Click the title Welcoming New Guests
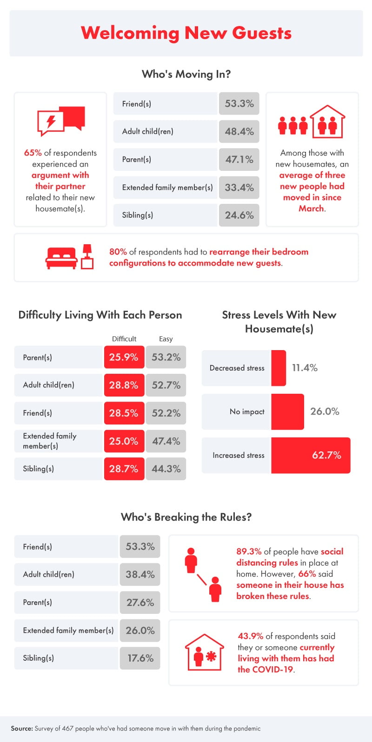point(186,33)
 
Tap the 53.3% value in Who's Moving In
point(239,104)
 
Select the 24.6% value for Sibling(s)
point(239,215)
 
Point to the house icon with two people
point(328,122)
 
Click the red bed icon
point(61,258)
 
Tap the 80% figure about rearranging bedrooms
point(118,252)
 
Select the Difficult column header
point(124,338)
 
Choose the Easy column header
point(166,338)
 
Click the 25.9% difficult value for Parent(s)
point(124,357)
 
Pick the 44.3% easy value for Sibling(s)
point(166,469)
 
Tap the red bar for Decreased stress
point(278,368)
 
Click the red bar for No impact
point(287,411)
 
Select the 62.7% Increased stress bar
point(310,455)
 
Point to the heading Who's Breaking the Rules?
point(186,517)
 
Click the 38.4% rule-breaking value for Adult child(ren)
point(140,574)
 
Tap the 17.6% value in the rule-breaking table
point(140,658)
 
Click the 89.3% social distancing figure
point(249,551)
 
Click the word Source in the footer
point(21,728)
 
